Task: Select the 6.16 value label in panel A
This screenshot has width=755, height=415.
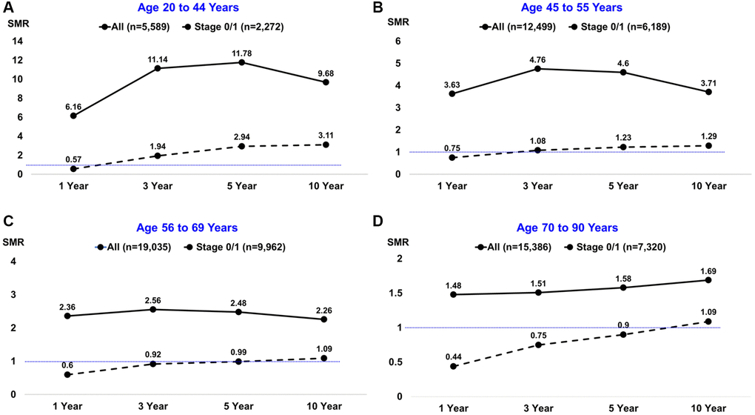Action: tap(73, 106)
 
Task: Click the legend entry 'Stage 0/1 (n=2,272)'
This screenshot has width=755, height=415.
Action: tap(236, 27)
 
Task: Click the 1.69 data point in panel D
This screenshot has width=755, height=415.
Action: tap(708, 280)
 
